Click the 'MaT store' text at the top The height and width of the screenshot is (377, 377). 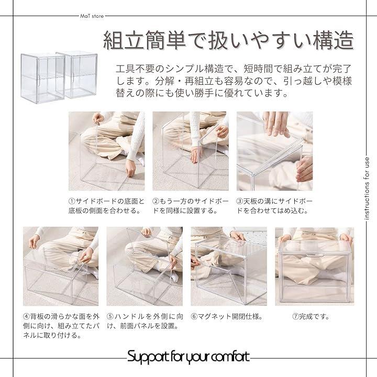[x=92, y=16]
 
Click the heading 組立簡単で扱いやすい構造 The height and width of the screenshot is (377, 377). [x=228, y=40]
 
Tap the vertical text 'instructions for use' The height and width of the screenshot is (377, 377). [x=367, y=188]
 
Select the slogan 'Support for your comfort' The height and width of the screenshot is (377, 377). [x=188, y=357]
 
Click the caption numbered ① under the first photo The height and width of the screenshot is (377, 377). [x=106, y=206]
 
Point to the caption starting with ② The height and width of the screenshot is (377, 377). [x=191, y=206]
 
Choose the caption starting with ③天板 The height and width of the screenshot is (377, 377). [x=274, y=206]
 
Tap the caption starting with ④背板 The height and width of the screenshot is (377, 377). [x=61, y=326]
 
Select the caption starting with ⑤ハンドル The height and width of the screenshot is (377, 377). [x=145, y=321]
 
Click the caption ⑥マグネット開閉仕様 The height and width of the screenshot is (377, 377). [x=227, y=316]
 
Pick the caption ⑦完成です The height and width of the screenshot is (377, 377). [x=312, y=316]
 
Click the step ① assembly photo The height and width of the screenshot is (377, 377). [x=106, y=151]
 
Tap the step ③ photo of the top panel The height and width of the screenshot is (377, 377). [x=274, y=151]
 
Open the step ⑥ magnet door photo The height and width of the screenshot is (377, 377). [x=229, y=266]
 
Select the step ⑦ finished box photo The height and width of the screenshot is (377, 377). [x=315, y=266]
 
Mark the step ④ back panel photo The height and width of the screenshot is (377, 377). [x=61, y=266]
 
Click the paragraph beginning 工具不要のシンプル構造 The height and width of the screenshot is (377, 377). [x=234, y=81]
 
